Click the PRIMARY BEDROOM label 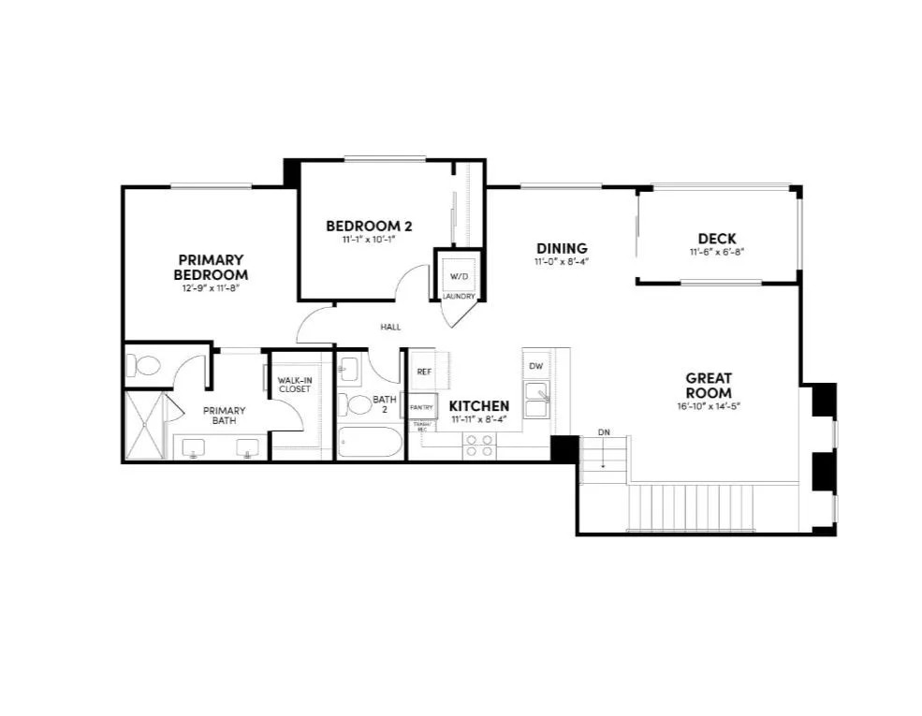coord(211,267)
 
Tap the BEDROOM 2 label coord(369,226)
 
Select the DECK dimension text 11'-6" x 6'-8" coord(716,253)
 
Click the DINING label coord(561,248)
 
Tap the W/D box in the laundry coord(459,276)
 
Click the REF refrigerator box coord(424,372)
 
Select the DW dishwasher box coord(535,366)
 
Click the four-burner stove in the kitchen coord(479,446)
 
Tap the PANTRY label coord(421,407)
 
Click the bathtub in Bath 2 coord(368,443)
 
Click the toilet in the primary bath coord(145,366)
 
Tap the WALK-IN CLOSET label coord(295,385)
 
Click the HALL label coord(390,327)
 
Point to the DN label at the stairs coord(603,432)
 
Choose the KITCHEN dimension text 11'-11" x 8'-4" coord(479,419)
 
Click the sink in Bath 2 coord(345,371)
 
